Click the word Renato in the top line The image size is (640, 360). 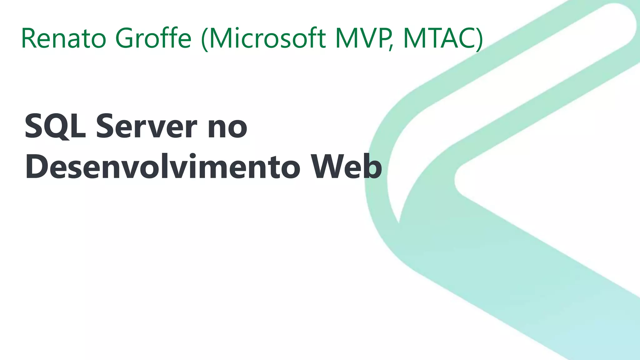64,38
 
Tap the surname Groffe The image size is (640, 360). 153,38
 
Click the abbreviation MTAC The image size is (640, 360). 439,38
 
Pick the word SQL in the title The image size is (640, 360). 55,126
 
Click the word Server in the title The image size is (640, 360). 147,126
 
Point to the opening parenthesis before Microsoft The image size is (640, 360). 205,39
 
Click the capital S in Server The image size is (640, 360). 106,126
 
